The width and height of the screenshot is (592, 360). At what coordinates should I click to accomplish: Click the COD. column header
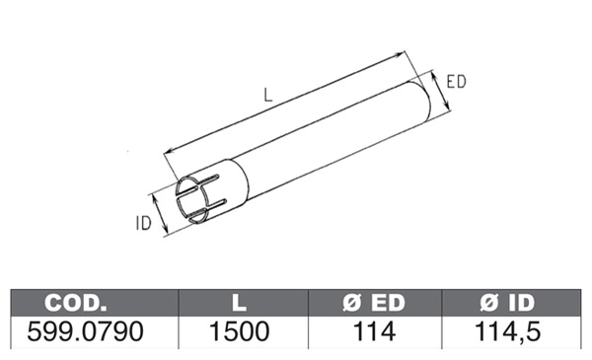click(x=76, y=303)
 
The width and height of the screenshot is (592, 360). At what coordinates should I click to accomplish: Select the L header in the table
click(x=239, y=303)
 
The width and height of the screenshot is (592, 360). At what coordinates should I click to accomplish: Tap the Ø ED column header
click(x=374, y=303)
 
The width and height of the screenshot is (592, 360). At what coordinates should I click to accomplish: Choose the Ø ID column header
click(x=508, y=303)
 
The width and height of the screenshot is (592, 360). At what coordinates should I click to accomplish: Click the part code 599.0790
click(x=85, y=331)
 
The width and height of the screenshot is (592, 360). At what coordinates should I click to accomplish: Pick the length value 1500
click(x=240, y=331)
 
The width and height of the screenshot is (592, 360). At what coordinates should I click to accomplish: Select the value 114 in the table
click(x=374, y=331)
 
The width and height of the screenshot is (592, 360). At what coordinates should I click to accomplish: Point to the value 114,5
click(x=508, y=331)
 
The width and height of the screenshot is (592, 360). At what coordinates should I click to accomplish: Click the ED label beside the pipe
click(x=456, y=82)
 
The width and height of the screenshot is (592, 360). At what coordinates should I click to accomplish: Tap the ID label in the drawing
click(x=143, y=223)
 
